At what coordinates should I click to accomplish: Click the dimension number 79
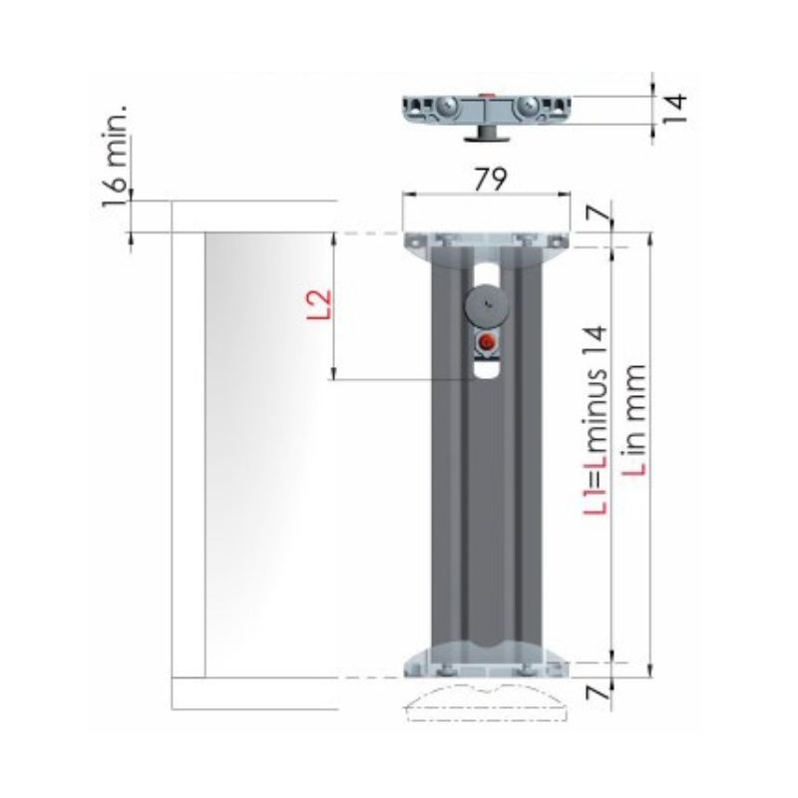[x=491, y=180]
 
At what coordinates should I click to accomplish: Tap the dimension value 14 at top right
[x=676, y=109]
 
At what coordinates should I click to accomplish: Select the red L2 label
[x=319, y=304]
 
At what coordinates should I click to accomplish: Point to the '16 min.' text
[x=115, y=157]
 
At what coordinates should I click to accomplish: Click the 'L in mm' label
[x=634, y=419]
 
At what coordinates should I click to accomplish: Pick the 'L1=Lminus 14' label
[x=595, y=420]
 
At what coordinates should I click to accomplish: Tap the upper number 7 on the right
[x=598, y=213]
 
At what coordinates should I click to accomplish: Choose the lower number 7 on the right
[x=598, y=692]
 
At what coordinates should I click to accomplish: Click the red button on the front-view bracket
[x=488, y=342]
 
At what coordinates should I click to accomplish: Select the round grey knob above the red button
[x=487, y=305]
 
